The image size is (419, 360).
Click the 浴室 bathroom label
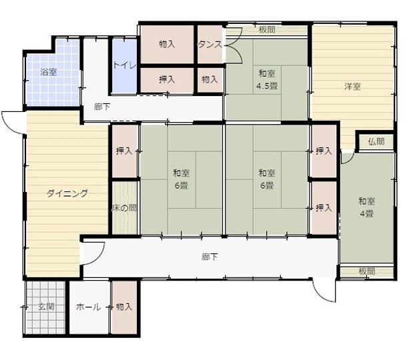(48, 72)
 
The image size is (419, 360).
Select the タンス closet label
(210, 45)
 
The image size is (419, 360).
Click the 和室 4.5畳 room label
(267, 79)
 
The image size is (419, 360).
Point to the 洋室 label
(353, 86)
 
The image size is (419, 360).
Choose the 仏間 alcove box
(376, 141)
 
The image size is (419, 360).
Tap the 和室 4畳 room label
(366, 207)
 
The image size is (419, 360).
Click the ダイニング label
(67, 194)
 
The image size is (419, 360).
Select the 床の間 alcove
(124, 208)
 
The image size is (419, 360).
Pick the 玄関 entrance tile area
(46, 307)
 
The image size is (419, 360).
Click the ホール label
(89, 307)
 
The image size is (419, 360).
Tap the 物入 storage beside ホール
(124, 307)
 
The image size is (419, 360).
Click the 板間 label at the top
(267, 29)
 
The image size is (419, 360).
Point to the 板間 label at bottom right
(366, 271)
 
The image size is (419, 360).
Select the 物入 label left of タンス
(167, 45)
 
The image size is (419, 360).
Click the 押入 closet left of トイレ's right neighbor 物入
(167, 79)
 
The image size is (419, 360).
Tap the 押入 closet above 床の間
(124, 151)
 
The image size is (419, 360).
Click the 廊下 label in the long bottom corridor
(209, 257)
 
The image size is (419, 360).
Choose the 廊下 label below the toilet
(102, 107)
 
